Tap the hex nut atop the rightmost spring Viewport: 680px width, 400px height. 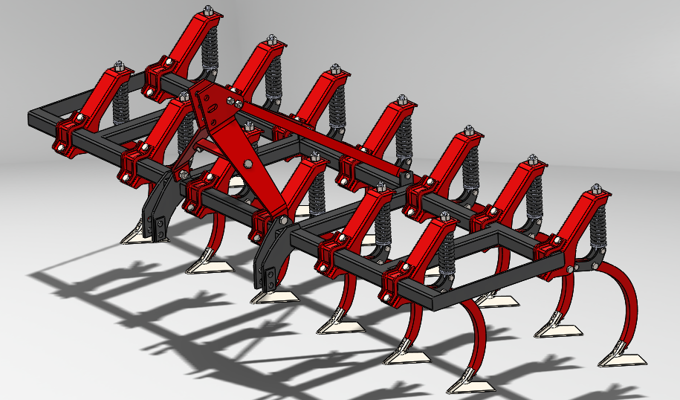click(595, 190)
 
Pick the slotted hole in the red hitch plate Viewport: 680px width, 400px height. click(213, 109)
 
